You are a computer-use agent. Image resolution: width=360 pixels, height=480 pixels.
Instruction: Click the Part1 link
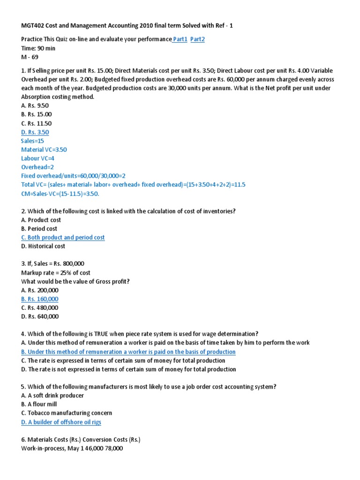pos(180,39)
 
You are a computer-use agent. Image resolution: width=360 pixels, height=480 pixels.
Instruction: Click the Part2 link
pos(197,39)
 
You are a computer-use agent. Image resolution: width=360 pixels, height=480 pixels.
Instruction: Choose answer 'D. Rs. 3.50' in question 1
pos(35,132)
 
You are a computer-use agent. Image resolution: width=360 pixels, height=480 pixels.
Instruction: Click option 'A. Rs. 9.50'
pos(35,105)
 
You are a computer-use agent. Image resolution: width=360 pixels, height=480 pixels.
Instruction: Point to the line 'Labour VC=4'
pos(38,158)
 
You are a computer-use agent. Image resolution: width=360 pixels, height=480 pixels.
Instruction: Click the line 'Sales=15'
pos(32,141)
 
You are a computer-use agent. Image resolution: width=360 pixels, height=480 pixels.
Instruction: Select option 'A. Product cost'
pos(41,220)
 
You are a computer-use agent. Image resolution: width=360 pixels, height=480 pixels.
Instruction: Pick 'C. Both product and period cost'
pos(63,238)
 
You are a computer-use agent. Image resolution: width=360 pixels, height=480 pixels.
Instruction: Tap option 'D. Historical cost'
pos(43,246)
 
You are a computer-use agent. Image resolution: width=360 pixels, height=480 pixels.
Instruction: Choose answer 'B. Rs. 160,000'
pos(40,299)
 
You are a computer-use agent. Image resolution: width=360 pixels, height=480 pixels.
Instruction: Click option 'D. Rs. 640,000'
pos(40,316)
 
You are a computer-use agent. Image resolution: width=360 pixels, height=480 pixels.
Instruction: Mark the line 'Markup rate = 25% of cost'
pos(56,273)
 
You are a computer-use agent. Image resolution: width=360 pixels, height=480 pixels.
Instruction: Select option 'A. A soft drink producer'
pos(52,396)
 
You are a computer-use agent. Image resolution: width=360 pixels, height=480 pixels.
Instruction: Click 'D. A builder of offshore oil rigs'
pos(61,422)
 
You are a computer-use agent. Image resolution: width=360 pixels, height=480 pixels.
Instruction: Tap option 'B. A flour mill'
pos(39,405)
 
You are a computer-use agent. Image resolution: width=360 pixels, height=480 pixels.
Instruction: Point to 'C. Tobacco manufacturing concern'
pos(67,413)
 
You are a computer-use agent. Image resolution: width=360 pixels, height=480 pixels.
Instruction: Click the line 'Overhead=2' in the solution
pos(37,167)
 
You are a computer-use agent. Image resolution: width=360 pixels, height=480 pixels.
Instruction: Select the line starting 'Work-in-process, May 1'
pos(72,449)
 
